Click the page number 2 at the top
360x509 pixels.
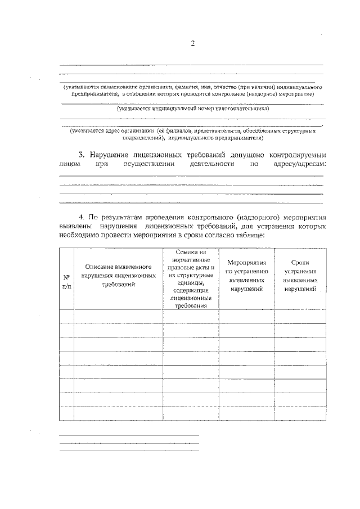192,44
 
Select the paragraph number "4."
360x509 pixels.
82,217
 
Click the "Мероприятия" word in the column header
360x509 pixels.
247,262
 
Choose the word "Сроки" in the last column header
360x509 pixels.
300,262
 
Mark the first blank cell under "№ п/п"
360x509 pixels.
66,316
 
